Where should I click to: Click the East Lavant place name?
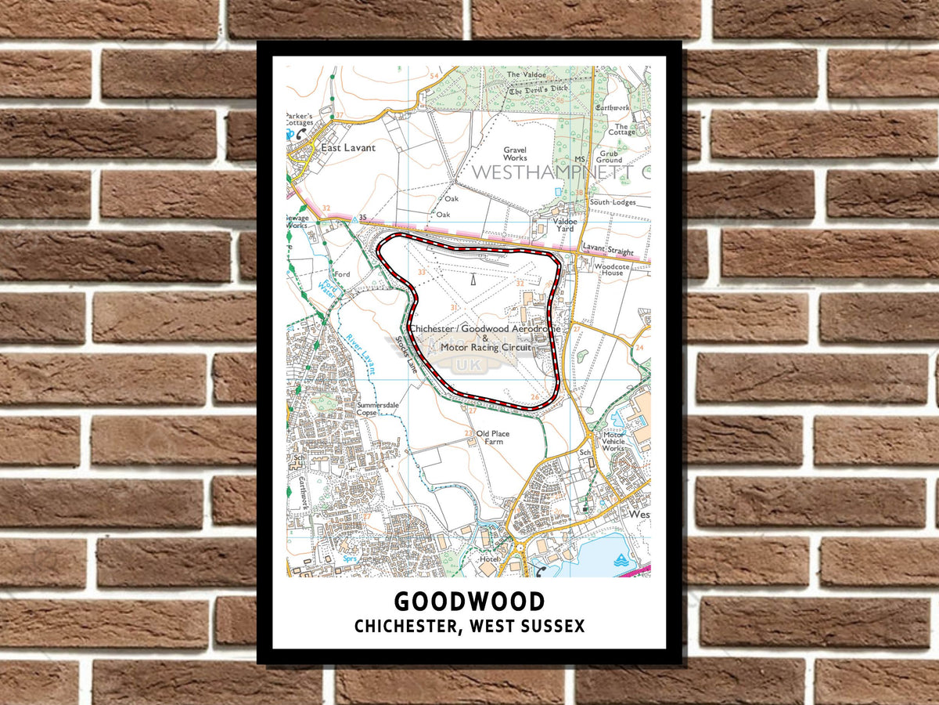pos(344,147)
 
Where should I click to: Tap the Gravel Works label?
pos(515,154)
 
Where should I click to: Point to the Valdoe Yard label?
pos(565,225)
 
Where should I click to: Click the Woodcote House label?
pos(608,269)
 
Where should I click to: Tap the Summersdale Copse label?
pos(378,408)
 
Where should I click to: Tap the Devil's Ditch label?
pos(538,91)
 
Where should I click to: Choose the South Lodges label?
pos(613,202)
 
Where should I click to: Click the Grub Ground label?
pos(610,157)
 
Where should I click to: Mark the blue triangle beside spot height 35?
pos(354,221)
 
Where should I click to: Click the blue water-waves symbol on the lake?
pos(621,559)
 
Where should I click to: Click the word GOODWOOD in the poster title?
pos(469,602)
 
